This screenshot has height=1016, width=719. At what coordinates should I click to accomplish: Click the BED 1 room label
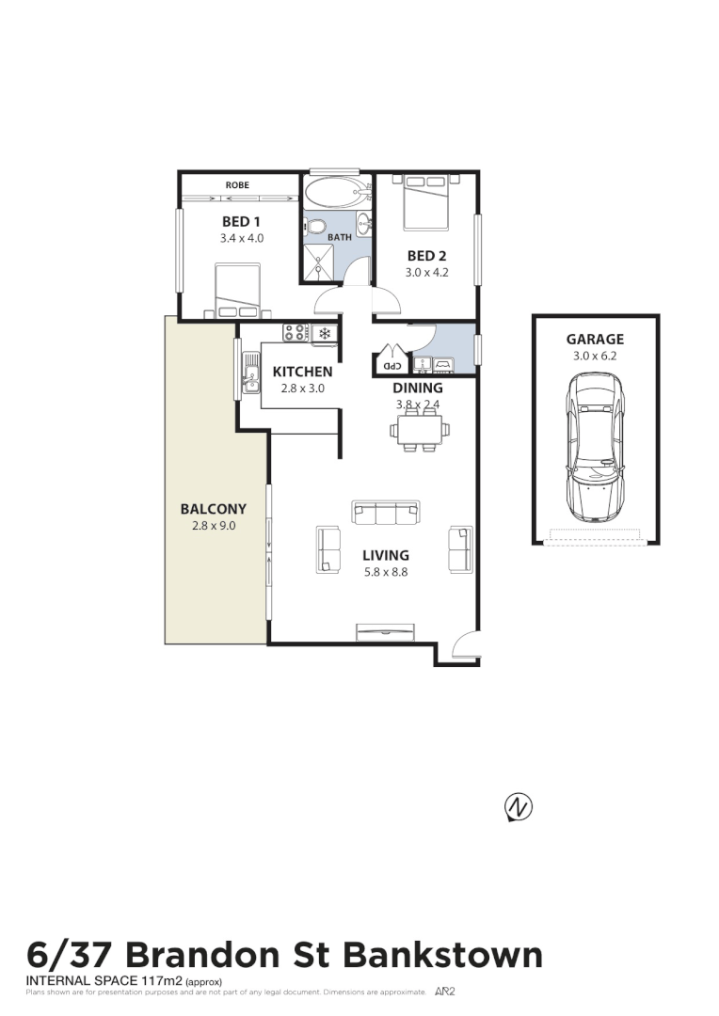(241, 222)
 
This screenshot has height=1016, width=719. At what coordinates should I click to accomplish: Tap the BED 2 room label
(422, 256)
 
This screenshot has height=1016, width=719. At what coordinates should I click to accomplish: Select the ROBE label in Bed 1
(237, 185)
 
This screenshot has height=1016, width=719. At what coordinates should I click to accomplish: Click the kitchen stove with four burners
(296, 332)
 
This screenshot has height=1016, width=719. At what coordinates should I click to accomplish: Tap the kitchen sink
(250, 372)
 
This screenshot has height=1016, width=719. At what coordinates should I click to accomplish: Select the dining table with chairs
(420, 431)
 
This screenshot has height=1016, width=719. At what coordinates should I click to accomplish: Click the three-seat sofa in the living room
(385, 513)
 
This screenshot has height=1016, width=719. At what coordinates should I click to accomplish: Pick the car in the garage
(595, 447)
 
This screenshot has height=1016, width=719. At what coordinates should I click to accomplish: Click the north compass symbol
(518, 807)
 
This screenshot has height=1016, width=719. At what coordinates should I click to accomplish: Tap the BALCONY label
(213, 510)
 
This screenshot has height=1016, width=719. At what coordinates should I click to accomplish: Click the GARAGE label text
(595, 340)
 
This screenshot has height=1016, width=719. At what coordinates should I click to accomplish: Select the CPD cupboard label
(387, 366)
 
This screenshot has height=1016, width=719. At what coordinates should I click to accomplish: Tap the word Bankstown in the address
(442, 955)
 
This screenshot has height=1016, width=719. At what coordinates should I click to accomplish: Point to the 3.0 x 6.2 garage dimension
(595, 357)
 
